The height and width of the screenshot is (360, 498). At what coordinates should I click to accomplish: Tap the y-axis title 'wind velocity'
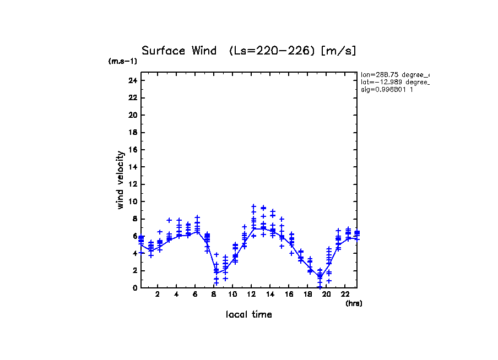click(120, 180)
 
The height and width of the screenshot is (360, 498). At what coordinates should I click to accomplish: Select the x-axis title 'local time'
click(248, 315)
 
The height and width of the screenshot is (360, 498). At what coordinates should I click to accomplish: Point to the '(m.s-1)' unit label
click(123, 61)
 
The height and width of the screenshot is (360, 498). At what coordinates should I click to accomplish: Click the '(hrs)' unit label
click(354, 303)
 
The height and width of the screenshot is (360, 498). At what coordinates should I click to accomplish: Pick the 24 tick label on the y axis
click(132, 81)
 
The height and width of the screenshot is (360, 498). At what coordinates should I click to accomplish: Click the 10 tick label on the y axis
click(132, 201)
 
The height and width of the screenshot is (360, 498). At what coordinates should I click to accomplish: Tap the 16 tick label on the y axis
click(132, 150)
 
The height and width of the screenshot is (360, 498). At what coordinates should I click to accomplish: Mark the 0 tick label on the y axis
click(134, 288)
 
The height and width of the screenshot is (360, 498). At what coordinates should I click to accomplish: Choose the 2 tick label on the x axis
click(158, 294)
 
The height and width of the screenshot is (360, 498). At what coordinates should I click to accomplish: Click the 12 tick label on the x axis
click(251, 294)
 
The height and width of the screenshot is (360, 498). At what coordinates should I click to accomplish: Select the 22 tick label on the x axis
click(345, 294)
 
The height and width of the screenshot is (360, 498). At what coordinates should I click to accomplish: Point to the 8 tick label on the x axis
click(214, 294)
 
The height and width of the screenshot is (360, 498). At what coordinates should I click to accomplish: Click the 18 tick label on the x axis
click(307, 294)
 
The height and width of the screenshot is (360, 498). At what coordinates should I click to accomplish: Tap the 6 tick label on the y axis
click(134, 236)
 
